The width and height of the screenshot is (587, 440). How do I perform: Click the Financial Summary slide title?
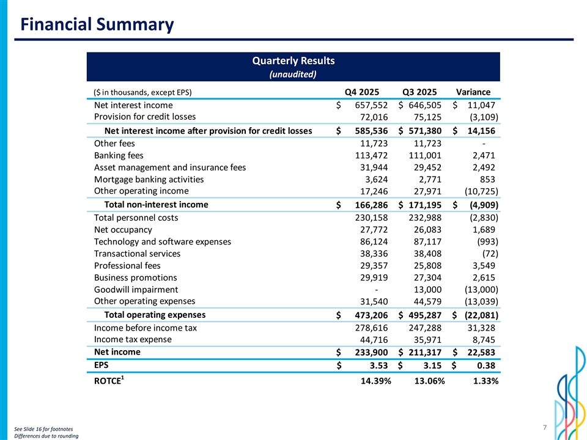[x=97, y=24]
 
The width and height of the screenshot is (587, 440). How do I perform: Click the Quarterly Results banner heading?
[x=293, y=61]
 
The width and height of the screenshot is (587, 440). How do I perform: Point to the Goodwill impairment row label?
[x=136, y=290]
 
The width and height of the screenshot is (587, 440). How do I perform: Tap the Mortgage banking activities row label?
[x=149, y=180]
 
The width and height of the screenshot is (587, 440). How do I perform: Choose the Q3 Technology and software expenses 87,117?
[x=424, y=241]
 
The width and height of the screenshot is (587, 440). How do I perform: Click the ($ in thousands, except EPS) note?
[x=142, y=93]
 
